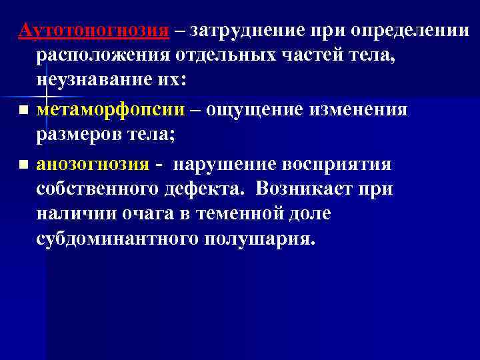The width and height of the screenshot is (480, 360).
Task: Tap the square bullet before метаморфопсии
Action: point(23,109)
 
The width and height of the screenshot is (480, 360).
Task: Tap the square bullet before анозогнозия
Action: point(23,164)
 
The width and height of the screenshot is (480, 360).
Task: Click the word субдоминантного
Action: point(114,240)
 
